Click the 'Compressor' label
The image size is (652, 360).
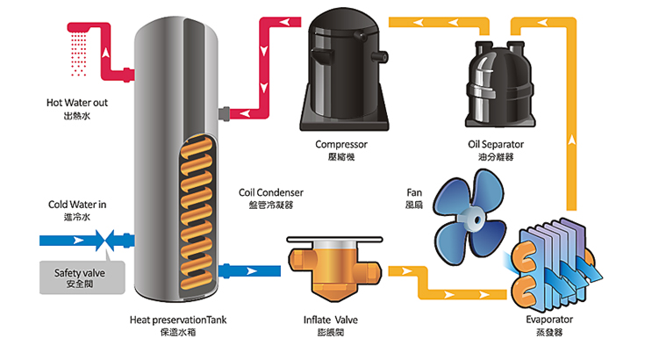(340, 143)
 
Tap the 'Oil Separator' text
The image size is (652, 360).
(491, 143)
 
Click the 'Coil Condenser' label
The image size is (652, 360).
(270, 192)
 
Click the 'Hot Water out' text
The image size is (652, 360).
(78, 102)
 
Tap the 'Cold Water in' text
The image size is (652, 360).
(77, 205)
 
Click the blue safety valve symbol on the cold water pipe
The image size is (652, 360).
(105, 238)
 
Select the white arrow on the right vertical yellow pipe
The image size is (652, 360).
(574, 139)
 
